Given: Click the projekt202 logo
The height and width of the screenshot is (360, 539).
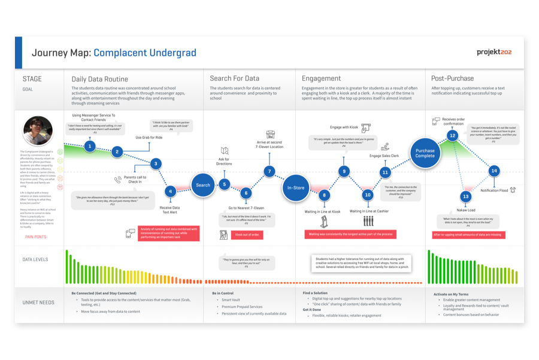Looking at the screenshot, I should click(494, 53).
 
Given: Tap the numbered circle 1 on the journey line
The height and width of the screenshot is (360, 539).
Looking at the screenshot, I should click(90, 146).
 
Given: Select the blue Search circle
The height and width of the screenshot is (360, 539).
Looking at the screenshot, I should click(203, 185).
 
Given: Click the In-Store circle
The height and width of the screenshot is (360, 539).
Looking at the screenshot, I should click(295, 187).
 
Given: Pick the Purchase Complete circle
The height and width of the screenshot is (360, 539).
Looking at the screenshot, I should click(425, 153).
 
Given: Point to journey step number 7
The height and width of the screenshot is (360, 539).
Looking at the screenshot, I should click(269, 172).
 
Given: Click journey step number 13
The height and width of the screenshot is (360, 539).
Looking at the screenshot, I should click(466, 196).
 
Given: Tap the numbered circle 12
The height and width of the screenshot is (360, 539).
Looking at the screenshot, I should click(453, 136).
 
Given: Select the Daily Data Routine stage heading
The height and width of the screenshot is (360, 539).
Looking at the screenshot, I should click(99, 78).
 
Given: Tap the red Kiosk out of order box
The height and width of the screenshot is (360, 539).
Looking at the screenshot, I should click(247, 235).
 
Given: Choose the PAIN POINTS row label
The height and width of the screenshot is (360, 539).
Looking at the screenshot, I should click(35, 237).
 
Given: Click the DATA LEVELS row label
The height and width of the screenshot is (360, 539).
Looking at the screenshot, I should click(35, 260).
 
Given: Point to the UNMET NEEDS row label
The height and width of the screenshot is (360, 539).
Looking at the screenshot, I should click(38, 302).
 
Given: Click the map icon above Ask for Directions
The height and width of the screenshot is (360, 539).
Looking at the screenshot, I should click(225, 152).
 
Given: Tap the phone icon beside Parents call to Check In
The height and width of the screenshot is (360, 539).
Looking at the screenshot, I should click(118, 180).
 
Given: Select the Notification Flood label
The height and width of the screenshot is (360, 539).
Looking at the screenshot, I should click(494, 190).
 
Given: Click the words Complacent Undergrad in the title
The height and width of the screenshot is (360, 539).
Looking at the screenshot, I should click(145, 53).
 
